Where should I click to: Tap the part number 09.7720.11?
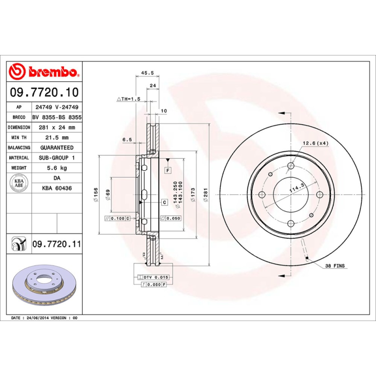(x=56, y=244)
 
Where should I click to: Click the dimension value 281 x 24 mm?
(x=56, y=127)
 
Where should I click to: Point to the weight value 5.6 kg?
(x=56, y=168)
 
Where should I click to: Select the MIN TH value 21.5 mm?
(x=56, y=138)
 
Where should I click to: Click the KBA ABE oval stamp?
(x=19, y=183)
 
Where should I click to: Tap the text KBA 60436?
(x=56, y=188)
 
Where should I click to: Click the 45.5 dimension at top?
(x=148, y=73)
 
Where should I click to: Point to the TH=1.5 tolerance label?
(x=128, y=99)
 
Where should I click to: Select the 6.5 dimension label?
(x=127, y=140)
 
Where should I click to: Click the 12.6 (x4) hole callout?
(x=315, y=143)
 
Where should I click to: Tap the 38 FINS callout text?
(x=335, y=266)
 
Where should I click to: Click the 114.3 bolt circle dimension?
(x=295, y=189)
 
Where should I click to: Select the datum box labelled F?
(x=167, y=169)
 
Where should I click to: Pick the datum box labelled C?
(x=164, y=203)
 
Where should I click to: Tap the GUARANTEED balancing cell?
(x=56, y=148)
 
